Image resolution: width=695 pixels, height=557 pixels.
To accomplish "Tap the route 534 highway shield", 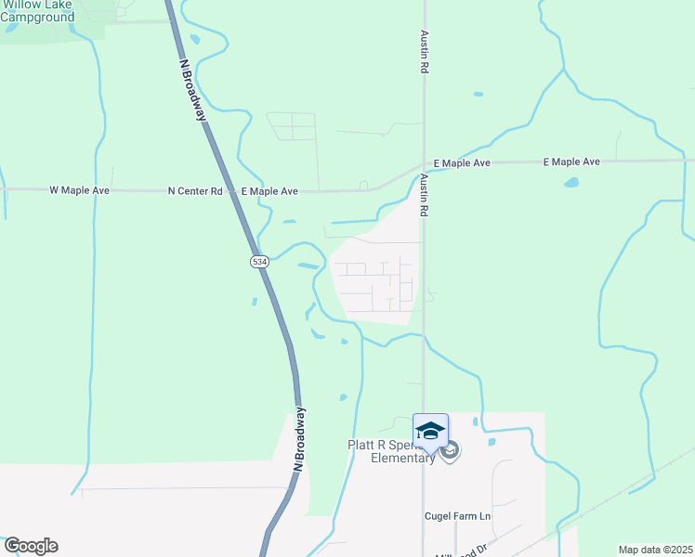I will click(260, 263).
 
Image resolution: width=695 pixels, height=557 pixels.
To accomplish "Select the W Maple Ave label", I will click(79, 190).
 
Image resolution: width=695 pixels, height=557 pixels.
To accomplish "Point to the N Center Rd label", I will click(195, 191).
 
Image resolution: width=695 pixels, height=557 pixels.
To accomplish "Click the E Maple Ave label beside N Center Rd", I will click(269, 191).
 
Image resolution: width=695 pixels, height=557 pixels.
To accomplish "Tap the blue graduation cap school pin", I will click(430, 431).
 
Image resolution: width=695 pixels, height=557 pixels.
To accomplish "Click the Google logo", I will click(30, 546).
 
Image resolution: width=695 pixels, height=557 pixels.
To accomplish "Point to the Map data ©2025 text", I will click(654, 550).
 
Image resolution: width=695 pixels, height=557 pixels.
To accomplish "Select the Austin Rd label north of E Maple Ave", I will click(424, 54).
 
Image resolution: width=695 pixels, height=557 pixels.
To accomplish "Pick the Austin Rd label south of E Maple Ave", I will click(423, 195).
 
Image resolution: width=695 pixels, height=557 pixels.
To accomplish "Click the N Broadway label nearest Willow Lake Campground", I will click(192, 91).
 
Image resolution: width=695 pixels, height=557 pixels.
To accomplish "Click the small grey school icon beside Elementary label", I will click(450, 452).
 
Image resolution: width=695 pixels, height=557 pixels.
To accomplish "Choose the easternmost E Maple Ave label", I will click(571, 162).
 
